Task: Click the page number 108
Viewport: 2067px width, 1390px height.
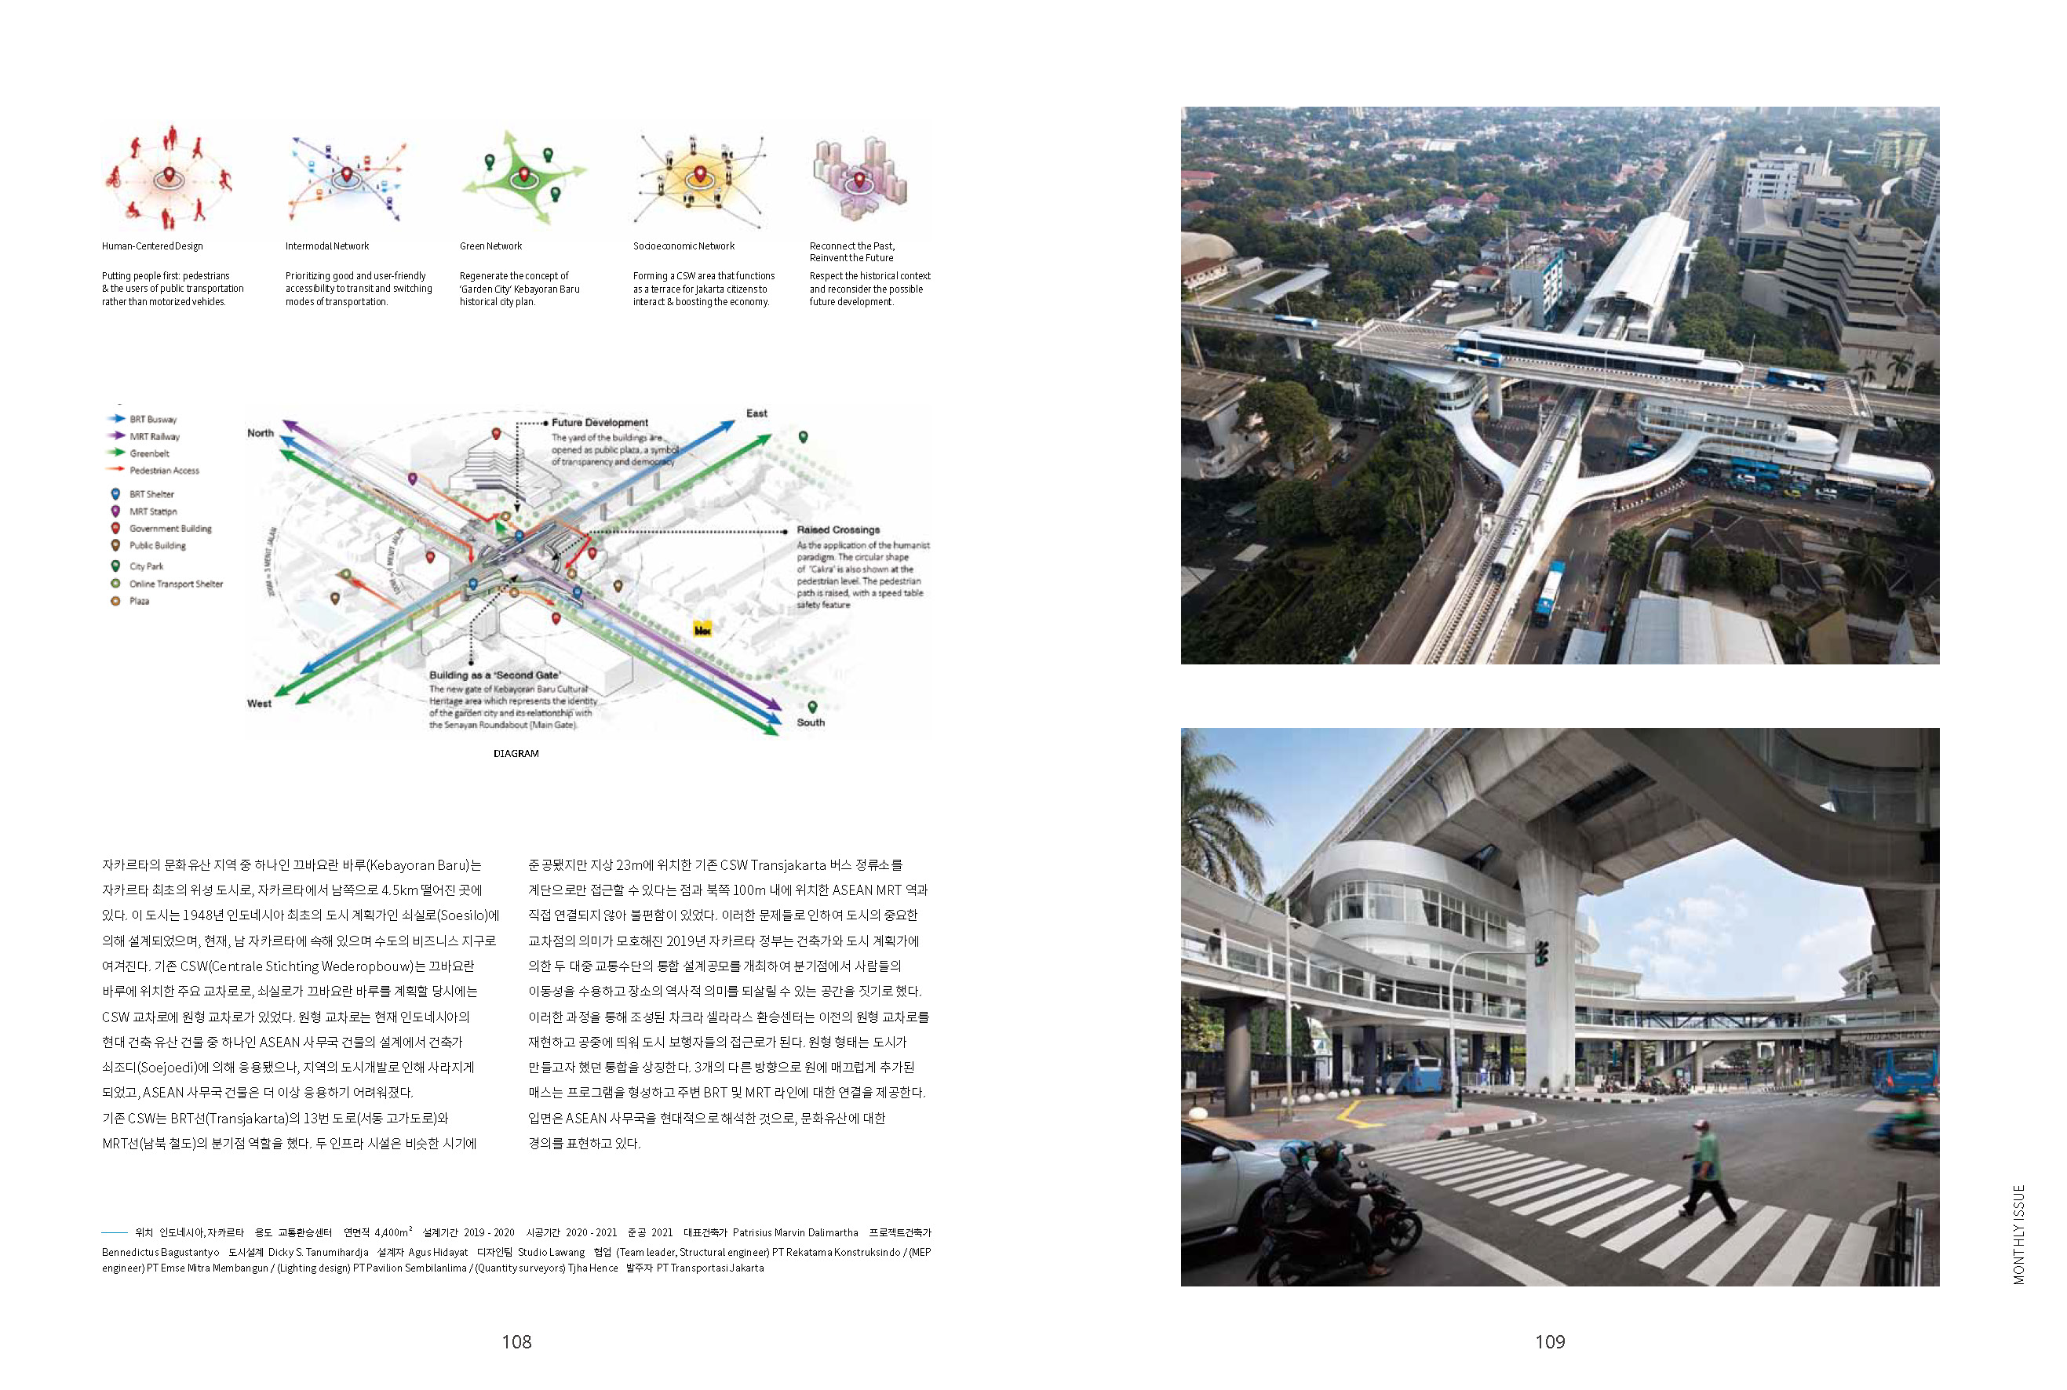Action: [x=516, y=1341]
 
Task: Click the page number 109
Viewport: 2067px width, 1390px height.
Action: [x=1549, y=1341]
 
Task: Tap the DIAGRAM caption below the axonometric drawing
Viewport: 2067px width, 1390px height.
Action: [x=516, y=754]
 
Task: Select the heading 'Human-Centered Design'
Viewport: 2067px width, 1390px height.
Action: [x=152, y=246]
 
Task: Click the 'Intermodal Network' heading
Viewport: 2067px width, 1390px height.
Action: [x=327, y=246]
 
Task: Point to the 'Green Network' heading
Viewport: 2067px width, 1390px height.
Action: [x=490, y=246]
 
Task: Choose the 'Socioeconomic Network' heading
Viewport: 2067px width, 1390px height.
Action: [x=684, y=246]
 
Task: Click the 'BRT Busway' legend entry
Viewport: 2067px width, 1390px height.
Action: [x=152, y=420]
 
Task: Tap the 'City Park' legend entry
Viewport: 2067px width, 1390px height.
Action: [x=146, y=566]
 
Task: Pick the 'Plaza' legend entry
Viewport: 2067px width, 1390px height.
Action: [x=139, y=601]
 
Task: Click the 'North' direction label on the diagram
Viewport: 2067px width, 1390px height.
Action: [x=261, y=434]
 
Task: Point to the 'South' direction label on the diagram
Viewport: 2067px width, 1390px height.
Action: [x=811, y=722]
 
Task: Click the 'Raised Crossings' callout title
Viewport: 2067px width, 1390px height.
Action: [x=838, y=530]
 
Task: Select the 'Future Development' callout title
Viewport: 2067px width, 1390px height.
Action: [x=600, y=423]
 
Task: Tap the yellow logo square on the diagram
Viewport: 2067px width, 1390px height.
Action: [x=702, y=629]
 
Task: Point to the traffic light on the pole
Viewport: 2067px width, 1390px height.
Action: [x=1542, y=953]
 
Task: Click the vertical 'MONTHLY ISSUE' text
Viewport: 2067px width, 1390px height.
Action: [x=2019, y=1234]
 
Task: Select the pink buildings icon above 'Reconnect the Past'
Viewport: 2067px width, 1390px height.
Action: [x=858, y=177]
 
